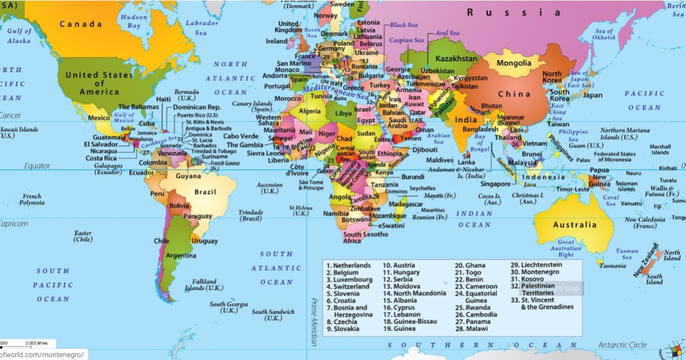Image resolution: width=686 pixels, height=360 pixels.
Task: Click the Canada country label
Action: pyautogui.click(x=81, y=24)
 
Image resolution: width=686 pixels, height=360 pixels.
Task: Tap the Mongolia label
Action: pyautogui.click(x=514, y=63)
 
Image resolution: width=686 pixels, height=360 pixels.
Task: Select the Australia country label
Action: pyautogui.click(x=575, y=225)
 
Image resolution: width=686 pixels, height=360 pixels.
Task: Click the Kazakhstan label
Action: pyautogui.click(x=456, y=59)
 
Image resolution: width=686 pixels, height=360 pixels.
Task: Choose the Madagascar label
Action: pyautogui.click(x=405, y=204)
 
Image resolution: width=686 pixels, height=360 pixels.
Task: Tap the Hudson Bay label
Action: pyautogui.click(x=134, y=22)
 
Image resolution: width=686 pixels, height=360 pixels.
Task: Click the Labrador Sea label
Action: pyautogui.click(x=201, y=29)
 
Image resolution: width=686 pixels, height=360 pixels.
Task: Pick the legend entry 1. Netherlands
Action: pyautogui.click(x=348, y=266)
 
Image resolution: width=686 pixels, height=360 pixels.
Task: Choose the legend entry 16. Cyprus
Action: pyautogui.click(x=404, y=307)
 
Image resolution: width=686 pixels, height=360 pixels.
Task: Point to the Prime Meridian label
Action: pyautogui.click(x=313, y=321)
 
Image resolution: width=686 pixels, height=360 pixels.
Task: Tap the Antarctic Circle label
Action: pyautogui.click(x=622, y=345)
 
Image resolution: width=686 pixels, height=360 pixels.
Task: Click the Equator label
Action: pyautogui.click(x=37, y=166)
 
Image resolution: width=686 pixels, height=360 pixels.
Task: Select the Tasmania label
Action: pyautogui.click(x=612, y=266)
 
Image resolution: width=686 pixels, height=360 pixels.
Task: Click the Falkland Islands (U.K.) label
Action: pyautogui.click(x=204, y=285)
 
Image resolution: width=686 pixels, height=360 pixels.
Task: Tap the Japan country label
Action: pyautogui.click(x=592, y=95)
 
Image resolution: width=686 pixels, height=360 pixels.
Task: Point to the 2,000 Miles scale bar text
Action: pyautogui.click(x=36, y=343)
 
